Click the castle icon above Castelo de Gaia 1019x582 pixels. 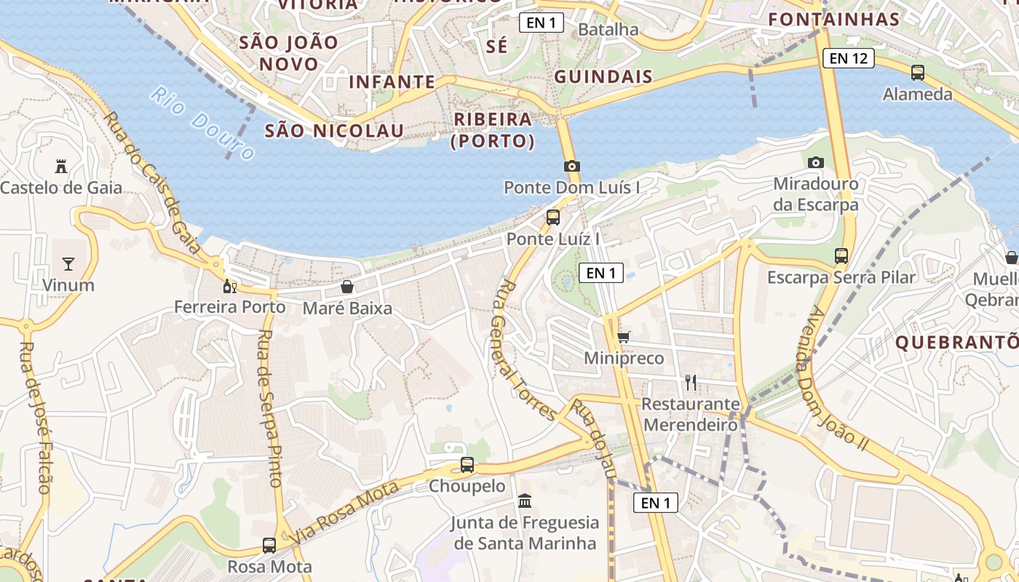(x=61, y=167)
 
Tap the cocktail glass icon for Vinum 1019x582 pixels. (x=68, y=263)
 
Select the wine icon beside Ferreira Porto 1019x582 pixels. (x=230, y=287)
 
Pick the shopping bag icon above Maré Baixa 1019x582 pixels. (x=347, y=287)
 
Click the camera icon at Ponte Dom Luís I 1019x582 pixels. (x=571, y=166)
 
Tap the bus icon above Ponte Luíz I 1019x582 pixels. (x=553, y=217)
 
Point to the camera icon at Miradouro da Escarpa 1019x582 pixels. (x=816, y=162)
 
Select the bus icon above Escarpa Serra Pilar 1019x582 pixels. (x=841, y=256)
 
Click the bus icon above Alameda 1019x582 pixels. (x=917, y=73)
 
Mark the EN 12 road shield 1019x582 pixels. (x=848, y=58)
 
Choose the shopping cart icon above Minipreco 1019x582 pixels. (x=624, y=337)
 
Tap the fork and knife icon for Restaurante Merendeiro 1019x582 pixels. (x=690, y=382)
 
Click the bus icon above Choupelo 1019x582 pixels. (x=467, y=464)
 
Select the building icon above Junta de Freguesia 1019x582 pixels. (x=524, y=501)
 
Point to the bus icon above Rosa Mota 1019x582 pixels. (x=269, y=545)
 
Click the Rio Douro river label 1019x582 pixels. (x=202, y=123)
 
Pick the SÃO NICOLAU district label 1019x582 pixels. (x=333, y=131)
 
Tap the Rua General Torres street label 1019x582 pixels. (x=523, y=349)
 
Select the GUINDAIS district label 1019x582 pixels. (x=603, y=76)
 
